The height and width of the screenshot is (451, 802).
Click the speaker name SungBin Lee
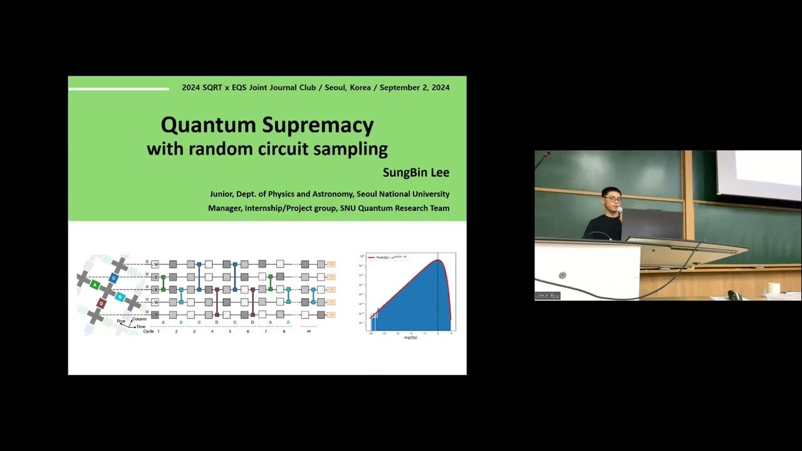415,172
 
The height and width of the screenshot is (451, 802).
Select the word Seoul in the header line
335,88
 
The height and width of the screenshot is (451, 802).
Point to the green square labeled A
95,284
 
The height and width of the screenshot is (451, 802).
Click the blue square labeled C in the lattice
113,277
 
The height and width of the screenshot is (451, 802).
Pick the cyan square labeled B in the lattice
121,296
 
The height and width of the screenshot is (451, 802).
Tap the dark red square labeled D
101,303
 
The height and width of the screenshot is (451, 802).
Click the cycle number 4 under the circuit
212,331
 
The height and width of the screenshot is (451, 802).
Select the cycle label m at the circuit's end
308,331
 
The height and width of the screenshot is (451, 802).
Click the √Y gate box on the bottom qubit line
155,314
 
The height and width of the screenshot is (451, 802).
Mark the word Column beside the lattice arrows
139,319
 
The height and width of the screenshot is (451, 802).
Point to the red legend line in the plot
370,257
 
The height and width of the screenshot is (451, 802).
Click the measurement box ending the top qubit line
331,264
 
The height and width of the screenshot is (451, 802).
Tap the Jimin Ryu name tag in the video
548,296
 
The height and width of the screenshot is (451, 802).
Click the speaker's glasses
612,199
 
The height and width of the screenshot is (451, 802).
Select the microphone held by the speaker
620,212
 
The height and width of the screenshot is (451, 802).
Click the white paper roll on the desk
773,288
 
